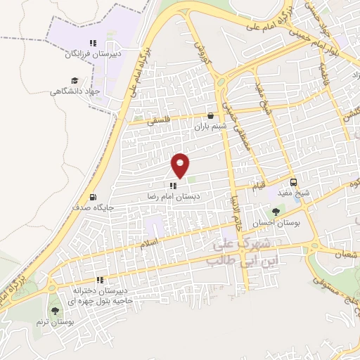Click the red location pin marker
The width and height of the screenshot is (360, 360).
click(x=181, y=165)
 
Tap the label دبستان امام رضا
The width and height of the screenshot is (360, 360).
click(x=173, y=197)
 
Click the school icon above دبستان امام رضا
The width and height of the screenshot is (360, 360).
click(x=173, y=186)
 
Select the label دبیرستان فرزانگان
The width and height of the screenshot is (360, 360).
click(x=92, y=53)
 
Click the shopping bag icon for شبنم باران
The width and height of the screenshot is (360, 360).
click(x=210, y=116)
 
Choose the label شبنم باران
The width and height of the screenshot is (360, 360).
click(x=210, y=127)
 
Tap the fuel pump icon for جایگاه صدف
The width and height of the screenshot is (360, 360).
click(x=93, y=198)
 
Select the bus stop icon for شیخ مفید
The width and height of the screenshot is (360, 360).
click(x=296, y=181)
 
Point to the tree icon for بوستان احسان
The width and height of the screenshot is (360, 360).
click(x=275, y=211)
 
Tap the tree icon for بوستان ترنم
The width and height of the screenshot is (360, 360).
click(x=55, y=311)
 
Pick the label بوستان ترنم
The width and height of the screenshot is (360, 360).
click(x=52, y=321)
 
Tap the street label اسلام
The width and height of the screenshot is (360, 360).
click(x=150, y=243)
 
